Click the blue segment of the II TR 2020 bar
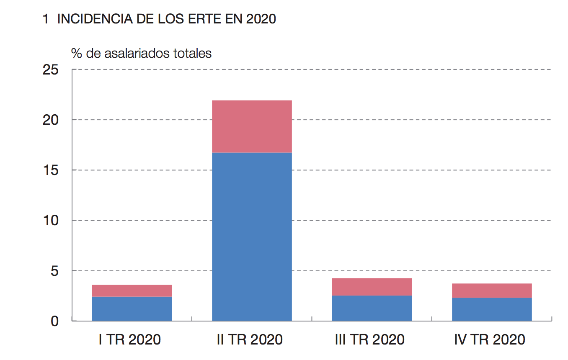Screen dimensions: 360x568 252,237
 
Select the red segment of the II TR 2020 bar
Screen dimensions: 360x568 252,126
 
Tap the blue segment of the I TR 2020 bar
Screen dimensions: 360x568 132,309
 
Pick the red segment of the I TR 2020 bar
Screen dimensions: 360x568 132,291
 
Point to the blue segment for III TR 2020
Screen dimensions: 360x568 372,308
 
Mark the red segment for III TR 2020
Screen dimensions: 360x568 372,287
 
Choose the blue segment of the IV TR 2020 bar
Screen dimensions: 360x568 492,309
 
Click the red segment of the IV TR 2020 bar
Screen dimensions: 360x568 492,291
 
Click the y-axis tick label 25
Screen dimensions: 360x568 51,69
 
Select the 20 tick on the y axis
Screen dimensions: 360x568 51,120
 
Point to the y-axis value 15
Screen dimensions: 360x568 51,170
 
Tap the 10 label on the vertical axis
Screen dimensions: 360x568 51,221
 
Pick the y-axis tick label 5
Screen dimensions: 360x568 55,271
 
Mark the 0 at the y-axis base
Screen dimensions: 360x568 55,321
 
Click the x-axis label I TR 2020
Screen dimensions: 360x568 130,339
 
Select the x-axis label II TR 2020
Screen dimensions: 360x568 250,339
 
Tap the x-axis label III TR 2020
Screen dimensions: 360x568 370,339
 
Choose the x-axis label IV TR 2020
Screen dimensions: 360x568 490,339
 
